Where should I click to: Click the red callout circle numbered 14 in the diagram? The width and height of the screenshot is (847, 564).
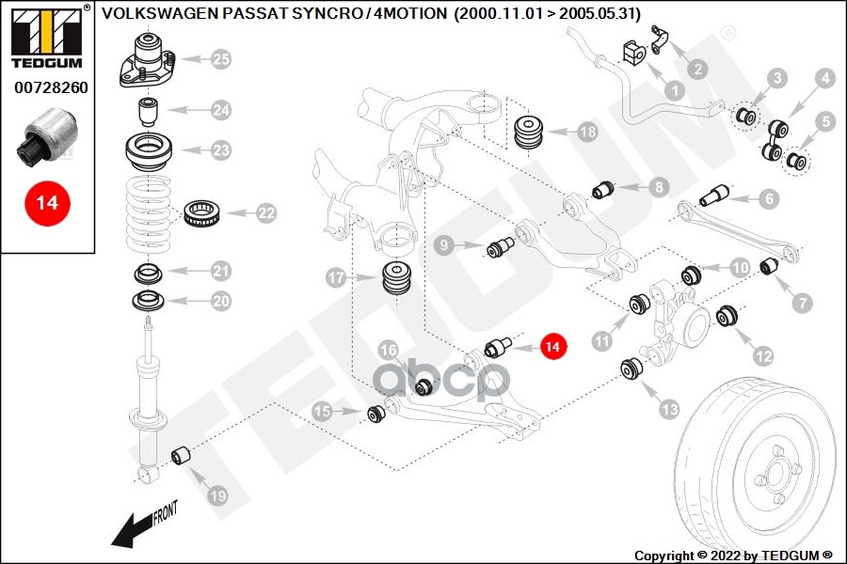tap(553, 348)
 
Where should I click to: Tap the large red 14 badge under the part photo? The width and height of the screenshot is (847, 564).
tap(47, 203)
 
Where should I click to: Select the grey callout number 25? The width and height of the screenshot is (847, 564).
tap(219, 60)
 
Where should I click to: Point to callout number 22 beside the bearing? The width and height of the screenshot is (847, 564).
tap(266, 213)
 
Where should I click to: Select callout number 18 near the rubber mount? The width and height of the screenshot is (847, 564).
tap(586, 133)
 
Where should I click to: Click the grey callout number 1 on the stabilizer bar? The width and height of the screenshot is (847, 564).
tap(674, 91)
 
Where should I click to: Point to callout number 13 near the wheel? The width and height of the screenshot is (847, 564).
tap(669, 410)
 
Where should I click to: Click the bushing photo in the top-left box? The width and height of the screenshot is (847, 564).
tap(47, 136)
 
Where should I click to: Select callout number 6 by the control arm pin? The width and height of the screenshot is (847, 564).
tap(769, 198)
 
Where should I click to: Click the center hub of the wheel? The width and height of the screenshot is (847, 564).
tap(777, 471)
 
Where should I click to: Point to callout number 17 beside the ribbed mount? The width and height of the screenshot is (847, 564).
tap(336, 277)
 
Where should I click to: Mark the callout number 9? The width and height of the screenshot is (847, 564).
tap(446, 245)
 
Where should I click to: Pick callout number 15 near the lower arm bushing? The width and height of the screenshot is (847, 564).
tap(323, 411)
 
